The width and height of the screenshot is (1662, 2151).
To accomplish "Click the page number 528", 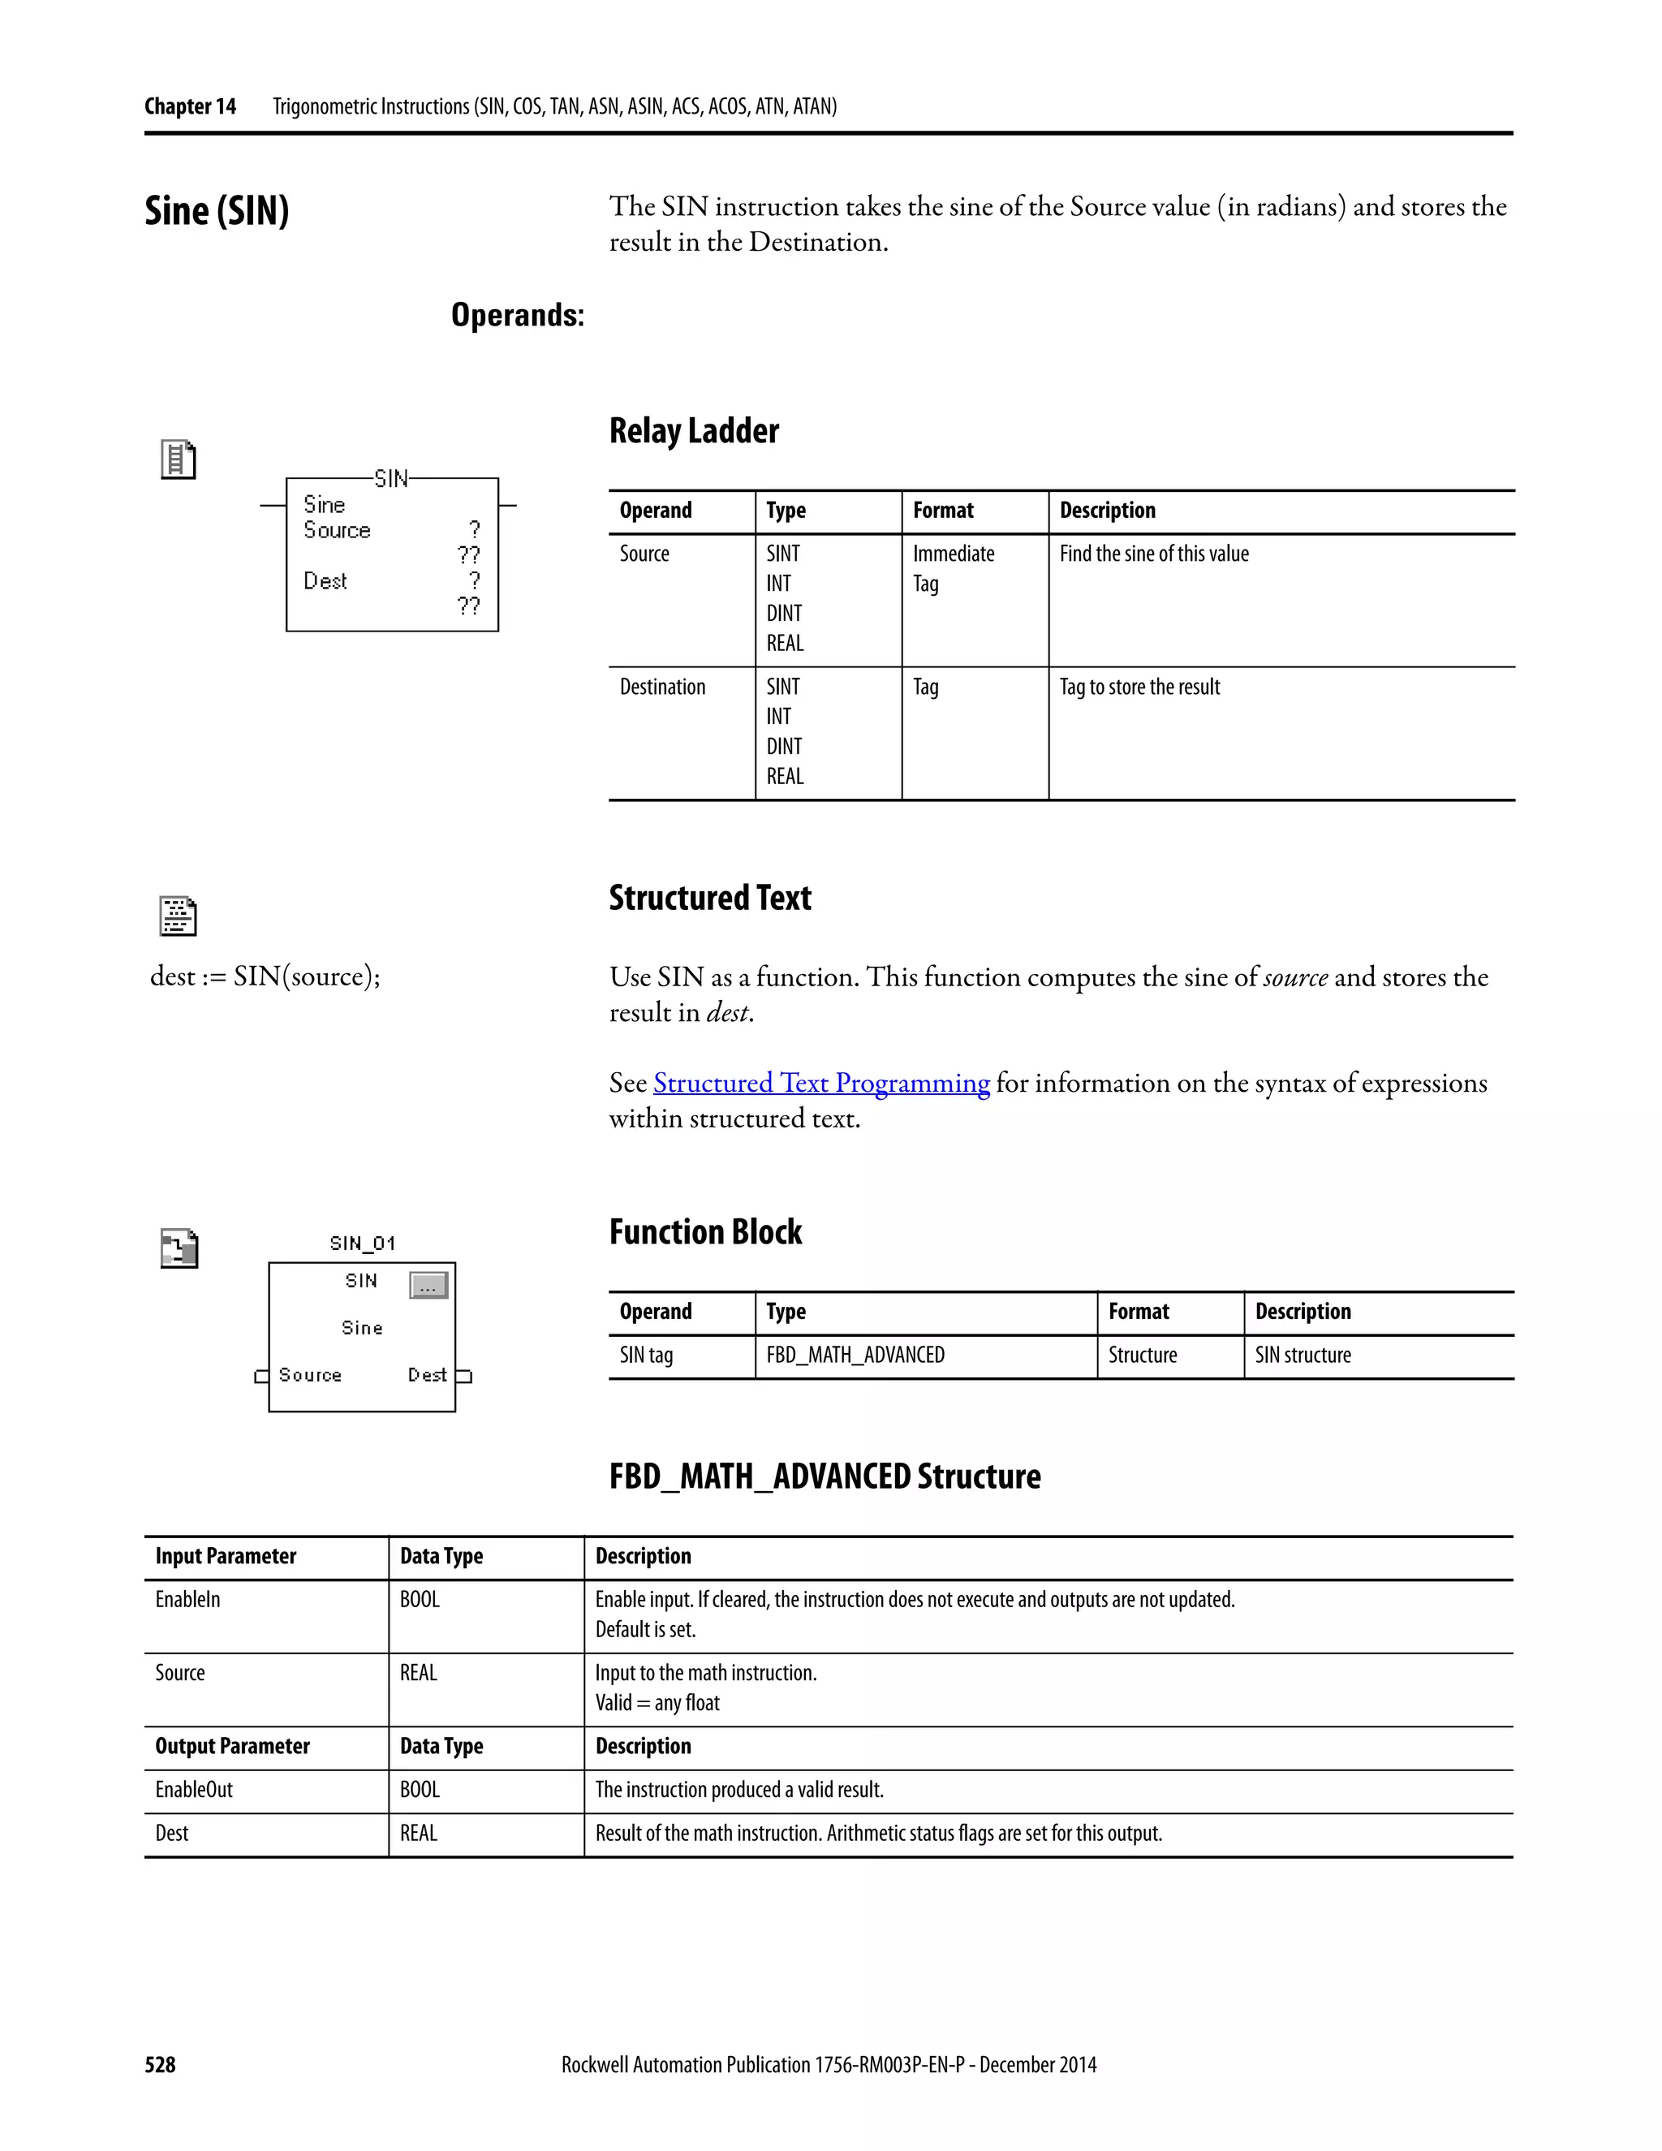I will click(x=160, y=2064).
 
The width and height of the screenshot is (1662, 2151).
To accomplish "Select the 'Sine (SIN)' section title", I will click(x=217, y=211).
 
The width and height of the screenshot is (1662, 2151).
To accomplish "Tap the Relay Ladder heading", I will click(x=693, y=430).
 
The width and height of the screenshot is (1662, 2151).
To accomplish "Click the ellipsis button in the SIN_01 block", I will click(x=428, y=1285).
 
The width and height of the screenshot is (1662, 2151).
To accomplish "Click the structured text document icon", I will click(x=179, y=916).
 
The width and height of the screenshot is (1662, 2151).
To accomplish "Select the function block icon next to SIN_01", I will click(x=179, y=1249).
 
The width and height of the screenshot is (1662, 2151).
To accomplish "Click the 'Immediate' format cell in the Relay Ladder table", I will click(x=953, y=554).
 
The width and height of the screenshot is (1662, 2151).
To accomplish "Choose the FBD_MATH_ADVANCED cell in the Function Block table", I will click(x=855, y=1356).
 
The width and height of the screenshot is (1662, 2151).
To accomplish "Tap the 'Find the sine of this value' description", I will click(x=1153, y=554).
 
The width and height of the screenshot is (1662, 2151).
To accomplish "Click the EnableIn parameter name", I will click(x=187, y=1600).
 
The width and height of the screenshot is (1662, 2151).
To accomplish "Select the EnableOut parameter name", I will click(x=194, y=1790).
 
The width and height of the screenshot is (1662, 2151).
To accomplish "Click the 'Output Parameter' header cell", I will click(x=232, y=1746).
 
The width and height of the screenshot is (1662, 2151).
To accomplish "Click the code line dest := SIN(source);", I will click(x=265, y=976).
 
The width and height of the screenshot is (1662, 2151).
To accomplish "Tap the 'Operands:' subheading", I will click(x=517, y=315).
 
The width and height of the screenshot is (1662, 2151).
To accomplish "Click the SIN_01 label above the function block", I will click(x=362, y=1243).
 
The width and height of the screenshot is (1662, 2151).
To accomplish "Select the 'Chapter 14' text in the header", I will click(x=190, y=106).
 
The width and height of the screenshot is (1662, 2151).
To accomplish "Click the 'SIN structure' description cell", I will click(x=1302, y=1356).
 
